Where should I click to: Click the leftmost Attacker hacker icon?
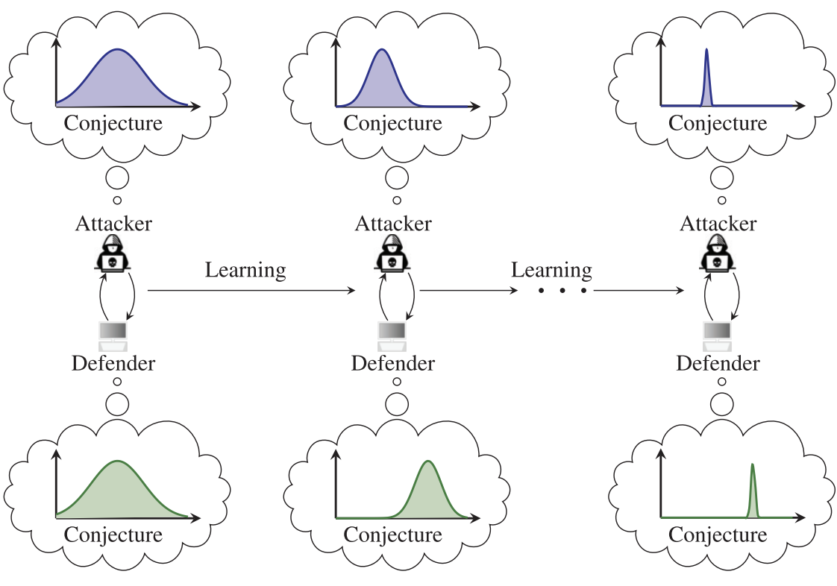(x=113, y=254)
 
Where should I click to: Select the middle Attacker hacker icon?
(x=393, y=254)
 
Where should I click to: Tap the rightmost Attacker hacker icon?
(x=718, y=254)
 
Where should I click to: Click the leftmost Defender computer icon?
(x=113, y=335)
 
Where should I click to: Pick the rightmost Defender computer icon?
(x=718, y=335)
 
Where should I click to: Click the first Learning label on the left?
(x=245, y=270)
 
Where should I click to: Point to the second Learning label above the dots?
(x=551, y=270)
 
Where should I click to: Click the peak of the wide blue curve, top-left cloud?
(x=117, y=51)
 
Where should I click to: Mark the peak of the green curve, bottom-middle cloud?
(x=427, y=461)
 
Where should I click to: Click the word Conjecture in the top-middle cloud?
(x=392, y=122)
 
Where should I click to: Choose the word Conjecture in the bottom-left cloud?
(x=113, y=535)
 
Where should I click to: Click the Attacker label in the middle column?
(x=393, y=224)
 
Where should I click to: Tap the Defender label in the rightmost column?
(x=718, y=364)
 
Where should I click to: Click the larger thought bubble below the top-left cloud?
(x=117, y=179)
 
